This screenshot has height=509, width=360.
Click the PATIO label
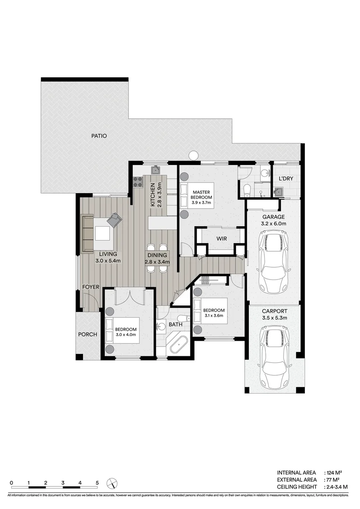pos(99,136)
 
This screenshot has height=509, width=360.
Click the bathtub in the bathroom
pos(179,346)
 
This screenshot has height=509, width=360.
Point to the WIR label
pos(221,239)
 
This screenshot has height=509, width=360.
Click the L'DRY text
pos(286,179)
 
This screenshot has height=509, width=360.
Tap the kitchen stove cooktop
pos(138,182)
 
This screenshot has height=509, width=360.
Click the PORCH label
pos(88,335)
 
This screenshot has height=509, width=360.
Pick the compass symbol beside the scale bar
pos(112,484)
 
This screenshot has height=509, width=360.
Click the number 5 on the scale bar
pos(97,483)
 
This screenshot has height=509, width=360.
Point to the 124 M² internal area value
pos(335,472)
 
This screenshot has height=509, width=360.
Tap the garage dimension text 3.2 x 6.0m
pos(274,224)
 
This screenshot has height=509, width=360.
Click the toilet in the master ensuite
pos(246,190)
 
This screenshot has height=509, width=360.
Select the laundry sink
pos(279,191)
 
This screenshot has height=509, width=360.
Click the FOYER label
pos(90,287)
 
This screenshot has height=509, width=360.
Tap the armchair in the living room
pos(115,220)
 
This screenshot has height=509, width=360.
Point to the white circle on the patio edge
pos(193,155)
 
